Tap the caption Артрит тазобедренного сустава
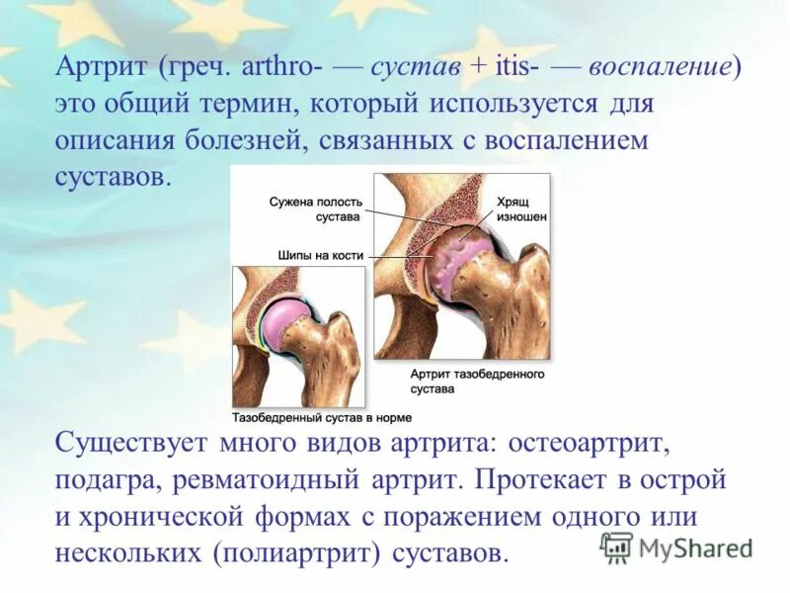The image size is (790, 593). pyautogui.click(x=477, y=381)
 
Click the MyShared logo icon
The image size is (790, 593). pyautogui.click(x=616, y=547)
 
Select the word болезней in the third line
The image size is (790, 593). pyautogui.click(x=241, y=140)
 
